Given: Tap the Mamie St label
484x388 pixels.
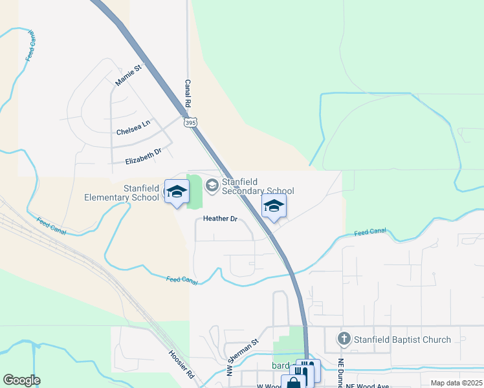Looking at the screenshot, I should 128,75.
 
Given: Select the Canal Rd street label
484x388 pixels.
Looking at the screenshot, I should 188,94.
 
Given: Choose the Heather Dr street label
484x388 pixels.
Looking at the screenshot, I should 221,219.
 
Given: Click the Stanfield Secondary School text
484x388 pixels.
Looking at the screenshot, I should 258,186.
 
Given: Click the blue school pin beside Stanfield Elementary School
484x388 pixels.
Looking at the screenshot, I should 176,191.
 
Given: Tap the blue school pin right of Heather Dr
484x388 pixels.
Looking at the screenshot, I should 274,206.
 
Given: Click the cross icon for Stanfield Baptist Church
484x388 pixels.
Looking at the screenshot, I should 344,339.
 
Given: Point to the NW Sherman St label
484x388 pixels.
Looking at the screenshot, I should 243,358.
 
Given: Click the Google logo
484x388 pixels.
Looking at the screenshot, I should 21,380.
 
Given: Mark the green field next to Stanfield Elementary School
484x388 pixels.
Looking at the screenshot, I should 194,191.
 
